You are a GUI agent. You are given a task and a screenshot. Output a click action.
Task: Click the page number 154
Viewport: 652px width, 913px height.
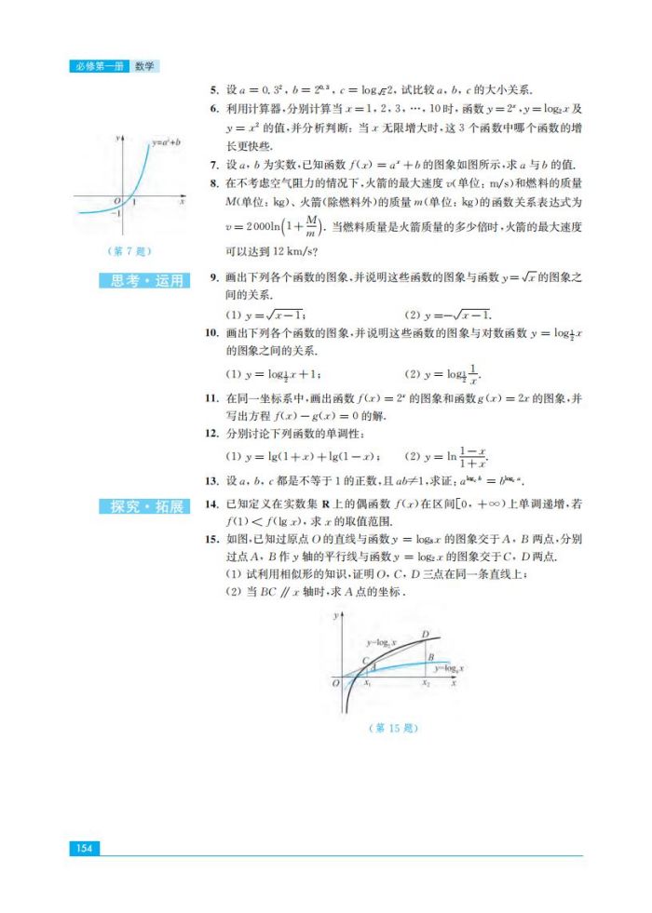pos(84,848)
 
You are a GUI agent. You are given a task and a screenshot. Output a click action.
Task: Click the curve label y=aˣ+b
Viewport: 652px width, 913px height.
pos(165,143)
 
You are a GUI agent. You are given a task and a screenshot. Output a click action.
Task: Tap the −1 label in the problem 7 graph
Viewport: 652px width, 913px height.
pos(117,213)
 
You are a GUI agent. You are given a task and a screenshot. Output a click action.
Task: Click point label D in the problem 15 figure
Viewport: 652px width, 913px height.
pos(425,635)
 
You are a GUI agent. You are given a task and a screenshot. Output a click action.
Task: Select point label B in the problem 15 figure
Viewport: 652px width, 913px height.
pos(430,657)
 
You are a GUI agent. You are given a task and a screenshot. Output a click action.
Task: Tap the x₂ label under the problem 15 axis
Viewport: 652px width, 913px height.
pos(426,684)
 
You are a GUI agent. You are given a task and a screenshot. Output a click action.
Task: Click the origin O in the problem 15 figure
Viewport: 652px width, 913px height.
pos(335,684)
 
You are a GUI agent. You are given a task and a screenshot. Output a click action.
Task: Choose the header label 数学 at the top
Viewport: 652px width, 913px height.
pos(144,66)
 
